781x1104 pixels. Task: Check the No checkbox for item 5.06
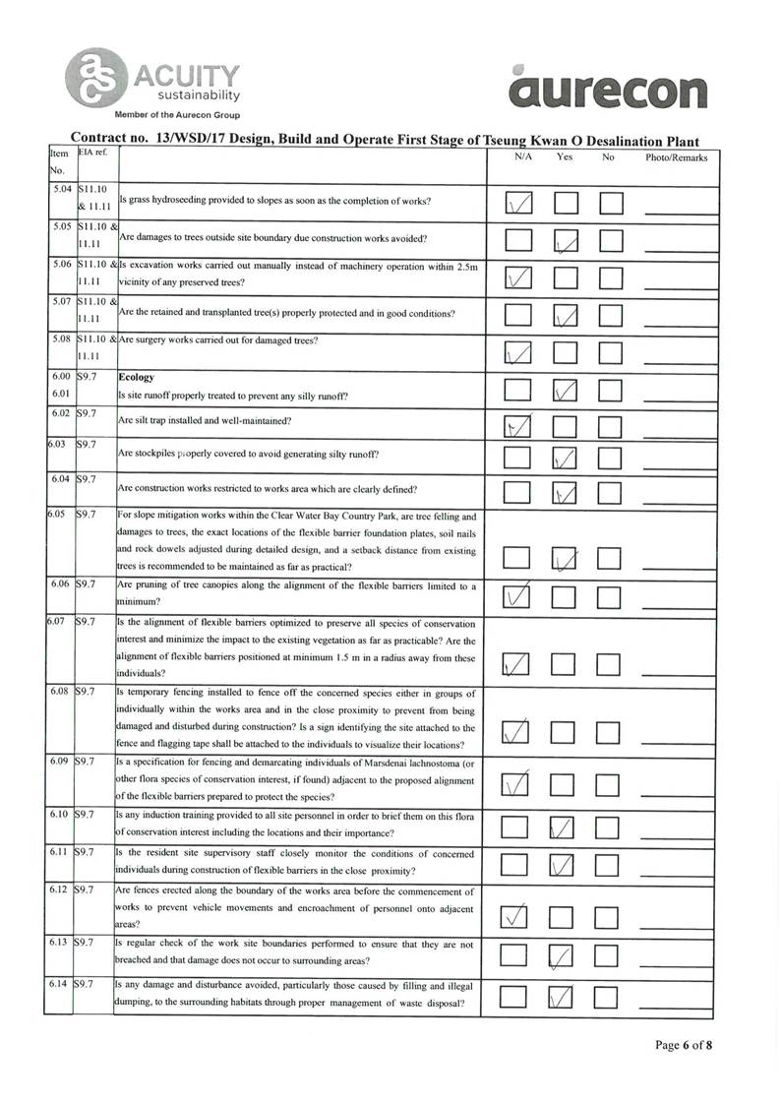(x=612, y=278)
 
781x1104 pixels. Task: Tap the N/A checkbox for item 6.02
(x=518, y=426)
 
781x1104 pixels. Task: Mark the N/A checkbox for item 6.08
(x=518, y=731)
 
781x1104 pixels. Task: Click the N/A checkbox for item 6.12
(x=518, y=917)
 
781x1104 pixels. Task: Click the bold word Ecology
(x=138, y=377)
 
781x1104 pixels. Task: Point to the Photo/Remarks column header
(x=676, y=157)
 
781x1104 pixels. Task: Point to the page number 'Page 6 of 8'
(x=684, y=1045)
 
